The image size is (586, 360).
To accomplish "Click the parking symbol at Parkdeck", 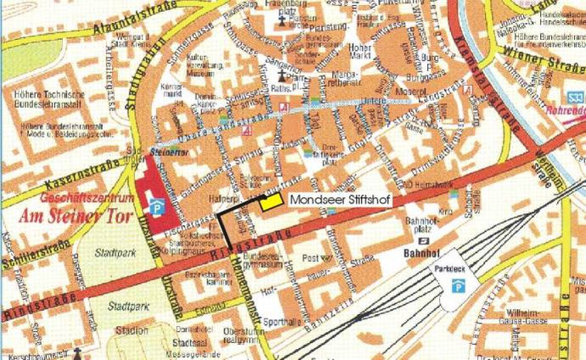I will pos(458,288).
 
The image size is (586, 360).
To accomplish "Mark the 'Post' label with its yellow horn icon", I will pos(312,257).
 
